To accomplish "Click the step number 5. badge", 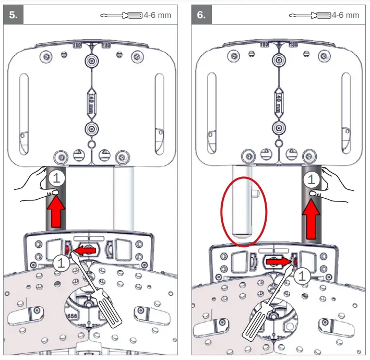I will [x=14, y=15].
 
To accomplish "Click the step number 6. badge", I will [x=201, y=15].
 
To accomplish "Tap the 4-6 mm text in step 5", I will [x=158, y=15].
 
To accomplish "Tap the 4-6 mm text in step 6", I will [x=345, y=15].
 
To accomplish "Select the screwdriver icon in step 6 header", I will [x=309, y=15].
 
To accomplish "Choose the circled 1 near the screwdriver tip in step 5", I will [x=62, y=263].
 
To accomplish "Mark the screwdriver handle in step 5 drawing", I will [x=110, y=313].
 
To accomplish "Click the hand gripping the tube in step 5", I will [x=37, y=185].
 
